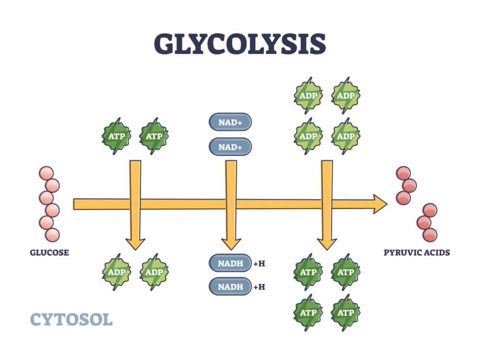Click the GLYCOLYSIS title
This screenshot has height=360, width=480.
[x=240, y=44]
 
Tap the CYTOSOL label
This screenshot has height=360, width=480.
[x=71, y=319]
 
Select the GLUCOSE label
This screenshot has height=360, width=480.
[x=49, y=253]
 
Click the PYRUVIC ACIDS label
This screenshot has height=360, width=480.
[x=416, y=253]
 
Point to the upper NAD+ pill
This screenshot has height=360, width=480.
[x=230, y=122]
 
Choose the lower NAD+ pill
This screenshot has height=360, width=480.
[x=230, y=146]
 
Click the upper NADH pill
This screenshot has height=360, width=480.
[x=230, y=263]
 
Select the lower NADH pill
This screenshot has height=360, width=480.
[x=230, y=286]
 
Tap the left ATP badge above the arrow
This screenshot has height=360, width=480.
[x=116, y=136]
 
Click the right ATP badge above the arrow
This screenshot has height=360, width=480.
[x=154, y=136]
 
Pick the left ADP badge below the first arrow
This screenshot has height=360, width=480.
[x=116, y=272]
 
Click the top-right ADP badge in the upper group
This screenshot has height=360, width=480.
[x=346, y=95]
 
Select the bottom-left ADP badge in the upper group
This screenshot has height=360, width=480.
[x=308, y=135]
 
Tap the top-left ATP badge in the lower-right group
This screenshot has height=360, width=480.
[x=308, y=272]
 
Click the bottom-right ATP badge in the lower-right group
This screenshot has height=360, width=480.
[x=346, y=312]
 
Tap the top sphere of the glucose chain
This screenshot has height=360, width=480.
[x=46, y=173]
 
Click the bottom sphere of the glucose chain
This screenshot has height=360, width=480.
[x=53, y=235]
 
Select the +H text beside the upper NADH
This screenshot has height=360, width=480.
[x=259, y=263]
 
